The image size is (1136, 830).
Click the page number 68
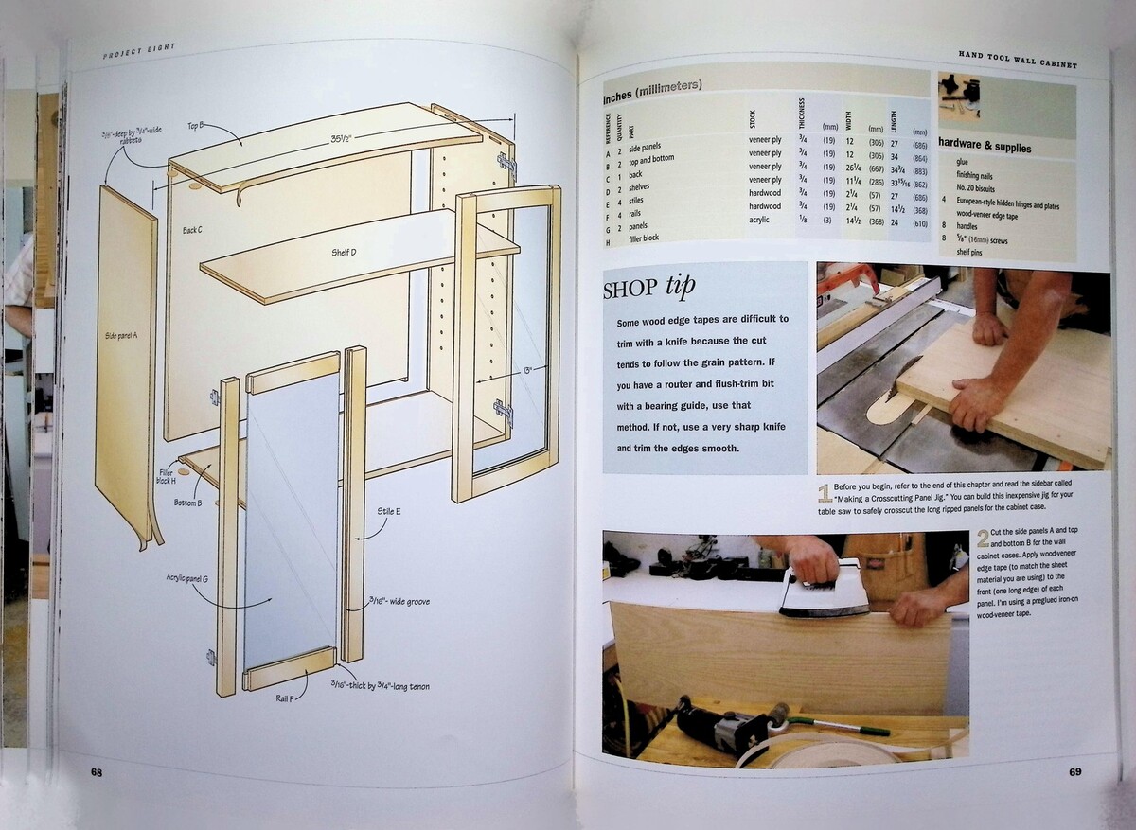coord(97,771)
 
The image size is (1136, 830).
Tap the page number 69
coord(1074,771)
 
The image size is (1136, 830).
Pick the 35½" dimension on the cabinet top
coord(343,138)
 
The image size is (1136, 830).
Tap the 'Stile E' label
coord(389,511)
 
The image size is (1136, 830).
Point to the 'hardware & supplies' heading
coord(985,148)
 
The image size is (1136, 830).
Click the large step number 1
coord(824,491)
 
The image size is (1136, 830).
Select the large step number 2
coord(983,539)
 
